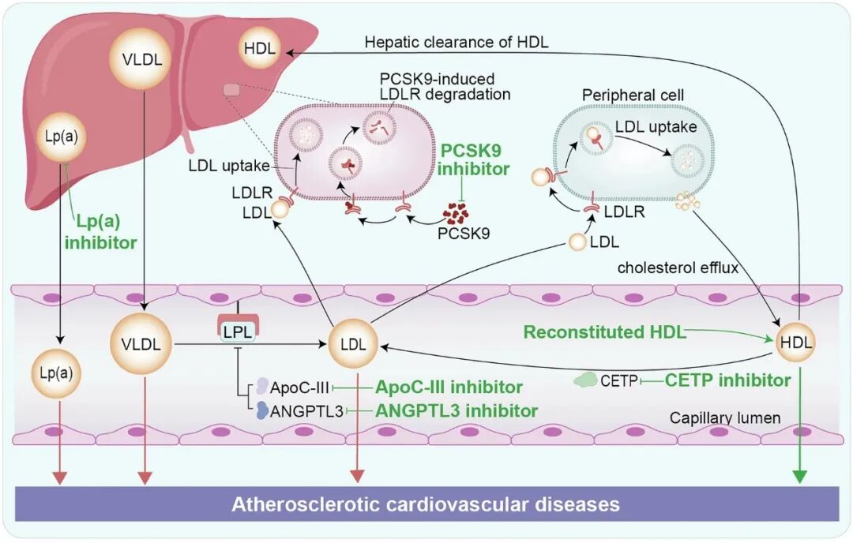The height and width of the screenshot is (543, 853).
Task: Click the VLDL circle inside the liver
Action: pyautogui.click(x=142, y=58)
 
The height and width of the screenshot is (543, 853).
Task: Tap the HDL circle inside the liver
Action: pyautogui.click(x=260, y=48)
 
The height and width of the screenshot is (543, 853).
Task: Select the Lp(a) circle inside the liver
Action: pyautogui.click(x=62, y=137)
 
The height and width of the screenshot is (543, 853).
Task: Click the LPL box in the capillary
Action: pyautogui.click(x=238, y=331)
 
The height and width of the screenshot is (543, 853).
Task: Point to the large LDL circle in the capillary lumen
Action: pyautogui.click(x=353, y=344)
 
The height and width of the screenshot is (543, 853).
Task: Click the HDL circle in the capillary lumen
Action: pyautogui.click(x=795, y=342)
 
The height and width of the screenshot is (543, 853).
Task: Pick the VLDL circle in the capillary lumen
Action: pyautogui.click(x=141, y=343)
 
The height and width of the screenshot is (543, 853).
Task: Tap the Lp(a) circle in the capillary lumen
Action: pyautogui.click(x=57, y=373)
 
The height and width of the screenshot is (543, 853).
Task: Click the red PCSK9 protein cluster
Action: pyautogui.click(x=456, y=214)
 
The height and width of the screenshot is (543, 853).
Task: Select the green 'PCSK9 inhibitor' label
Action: pyautogui.click(x=474, y=159)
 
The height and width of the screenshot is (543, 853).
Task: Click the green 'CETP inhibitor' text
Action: pyautogui.click(x=728, y=380)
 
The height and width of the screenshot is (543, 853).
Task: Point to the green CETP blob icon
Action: pyautogui.click(x=585, y=380)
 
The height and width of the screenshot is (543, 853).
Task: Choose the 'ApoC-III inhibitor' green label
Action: pyautogui.click(x=449, y=387)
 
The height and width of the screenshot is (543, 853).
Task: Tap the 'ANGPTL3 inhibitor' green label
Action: pyautogui.click(x=457, y=410)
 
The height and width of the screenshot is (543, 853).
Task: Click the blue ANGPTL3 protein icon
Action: pyautogui.click(x=262, y=410)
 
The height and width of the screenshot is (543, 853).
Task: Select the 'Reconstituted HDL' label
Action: pyautogui.click(x=605, y=331)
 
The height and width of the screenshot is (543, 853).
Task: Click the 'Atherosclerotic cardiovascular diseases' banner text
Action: pyautogui.click(x=426, y=504)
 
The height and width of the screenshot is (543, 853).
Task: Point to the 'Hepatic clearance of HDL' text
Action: pyautogui.click(x=457, y=42)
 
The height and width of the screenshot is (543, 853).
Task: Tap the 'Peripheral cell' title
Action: pyautogui.click(x=633, y=95)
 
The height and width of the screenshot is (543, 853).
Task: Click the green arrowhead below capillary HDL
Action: pyautogui.click(x=799, y=476)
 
